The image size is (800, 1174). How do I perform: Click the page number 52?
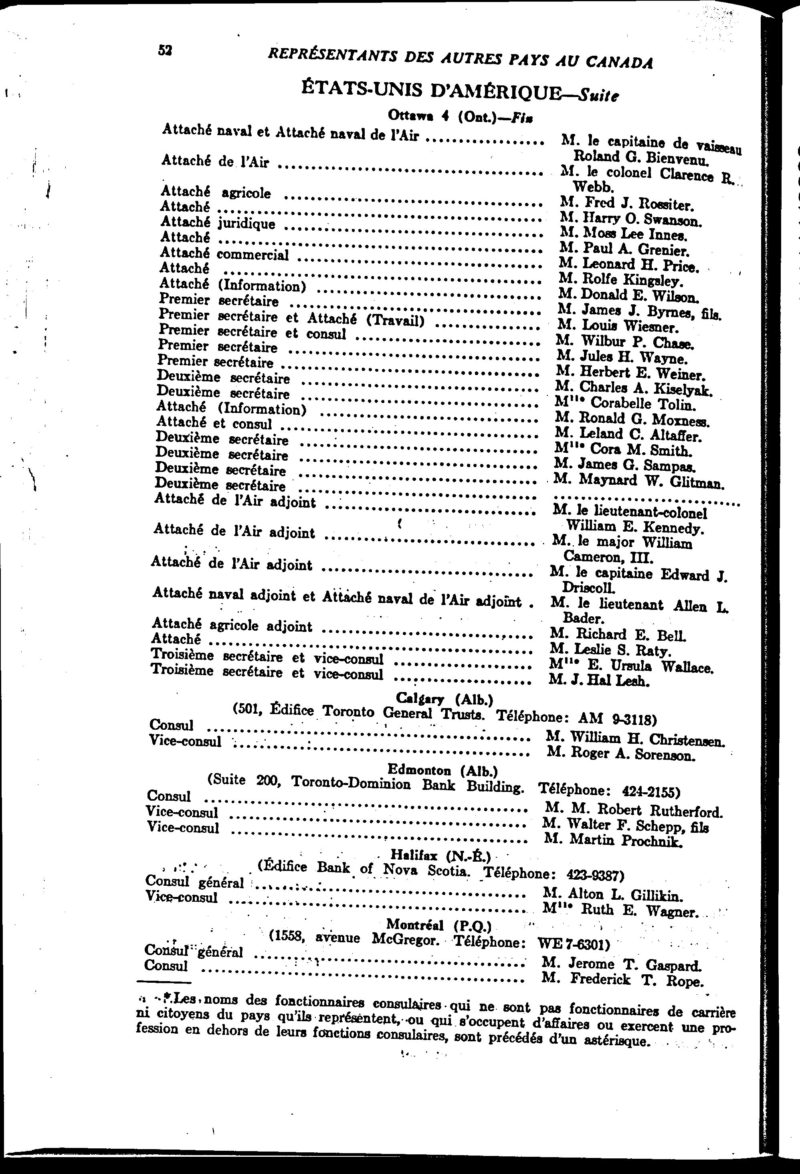coord(165,50)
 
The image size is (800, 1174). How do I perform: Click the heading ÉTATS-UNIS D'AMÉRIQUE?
coord(432,91)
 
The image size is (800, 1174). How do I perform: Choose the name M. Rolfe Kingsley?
coord(621,279)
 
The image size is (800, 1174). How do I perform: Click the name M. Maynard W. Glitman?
coord(638,480)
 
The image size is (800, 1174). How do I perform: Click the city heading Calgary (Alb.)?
coord(444,698)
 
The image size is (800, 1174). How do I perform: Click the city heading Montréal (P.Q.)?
coord(438,925)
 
